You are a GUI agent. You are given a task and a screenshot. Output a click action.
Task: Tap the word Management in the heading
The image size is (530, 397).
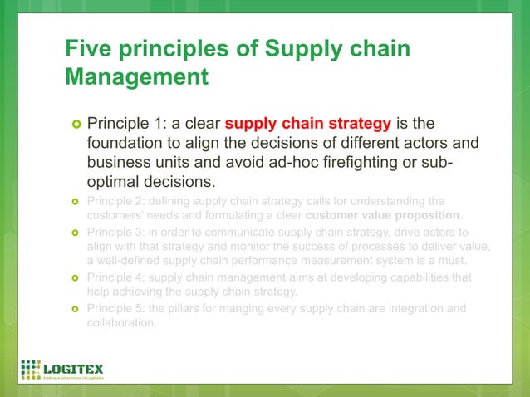[x=136, y=78]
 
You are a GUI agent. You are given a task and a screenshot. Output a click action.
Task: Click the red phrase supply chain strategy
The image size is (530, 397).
[x=307, y=124]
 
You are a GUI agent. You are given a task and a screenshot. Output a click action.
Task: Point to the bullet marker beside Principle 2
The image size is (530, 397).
[x=74, y=201]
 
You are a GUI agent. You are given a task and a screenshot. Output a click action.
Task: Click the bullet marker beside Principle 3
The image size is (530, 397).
[x=74, y=232]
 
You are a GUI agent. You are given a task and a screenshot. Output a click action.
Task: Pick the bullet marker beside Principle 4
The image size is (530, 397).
[x=74, y=277]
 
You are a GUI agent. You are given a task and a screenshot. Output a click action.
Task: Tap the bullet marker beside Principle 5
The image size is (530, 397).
[x=74, y=309]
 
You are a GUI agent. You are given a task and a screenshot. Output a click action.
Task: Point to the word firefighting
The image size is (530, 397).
[x=356, y=162]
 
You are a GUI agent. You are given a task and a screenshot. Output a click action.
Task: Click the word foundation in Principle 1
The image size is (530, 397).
[x=127, y=143]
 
